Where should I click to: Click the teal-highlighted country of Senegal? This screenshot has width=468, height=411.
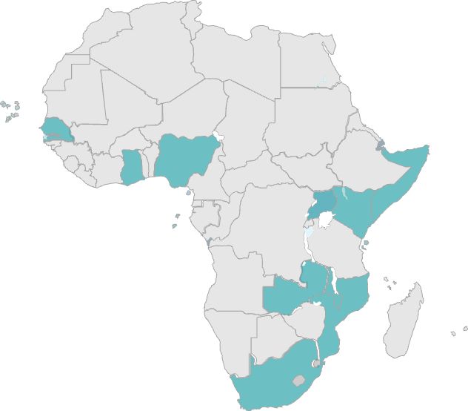(56, 127)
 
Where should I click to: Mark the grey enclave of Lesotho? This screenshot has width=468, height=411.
(298, 381)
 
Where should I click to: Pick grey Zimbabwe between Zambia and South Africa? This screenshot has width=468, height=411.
(305, 323)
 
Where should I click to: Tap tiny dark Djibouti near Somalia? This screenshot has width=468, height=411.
(381, 144)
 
